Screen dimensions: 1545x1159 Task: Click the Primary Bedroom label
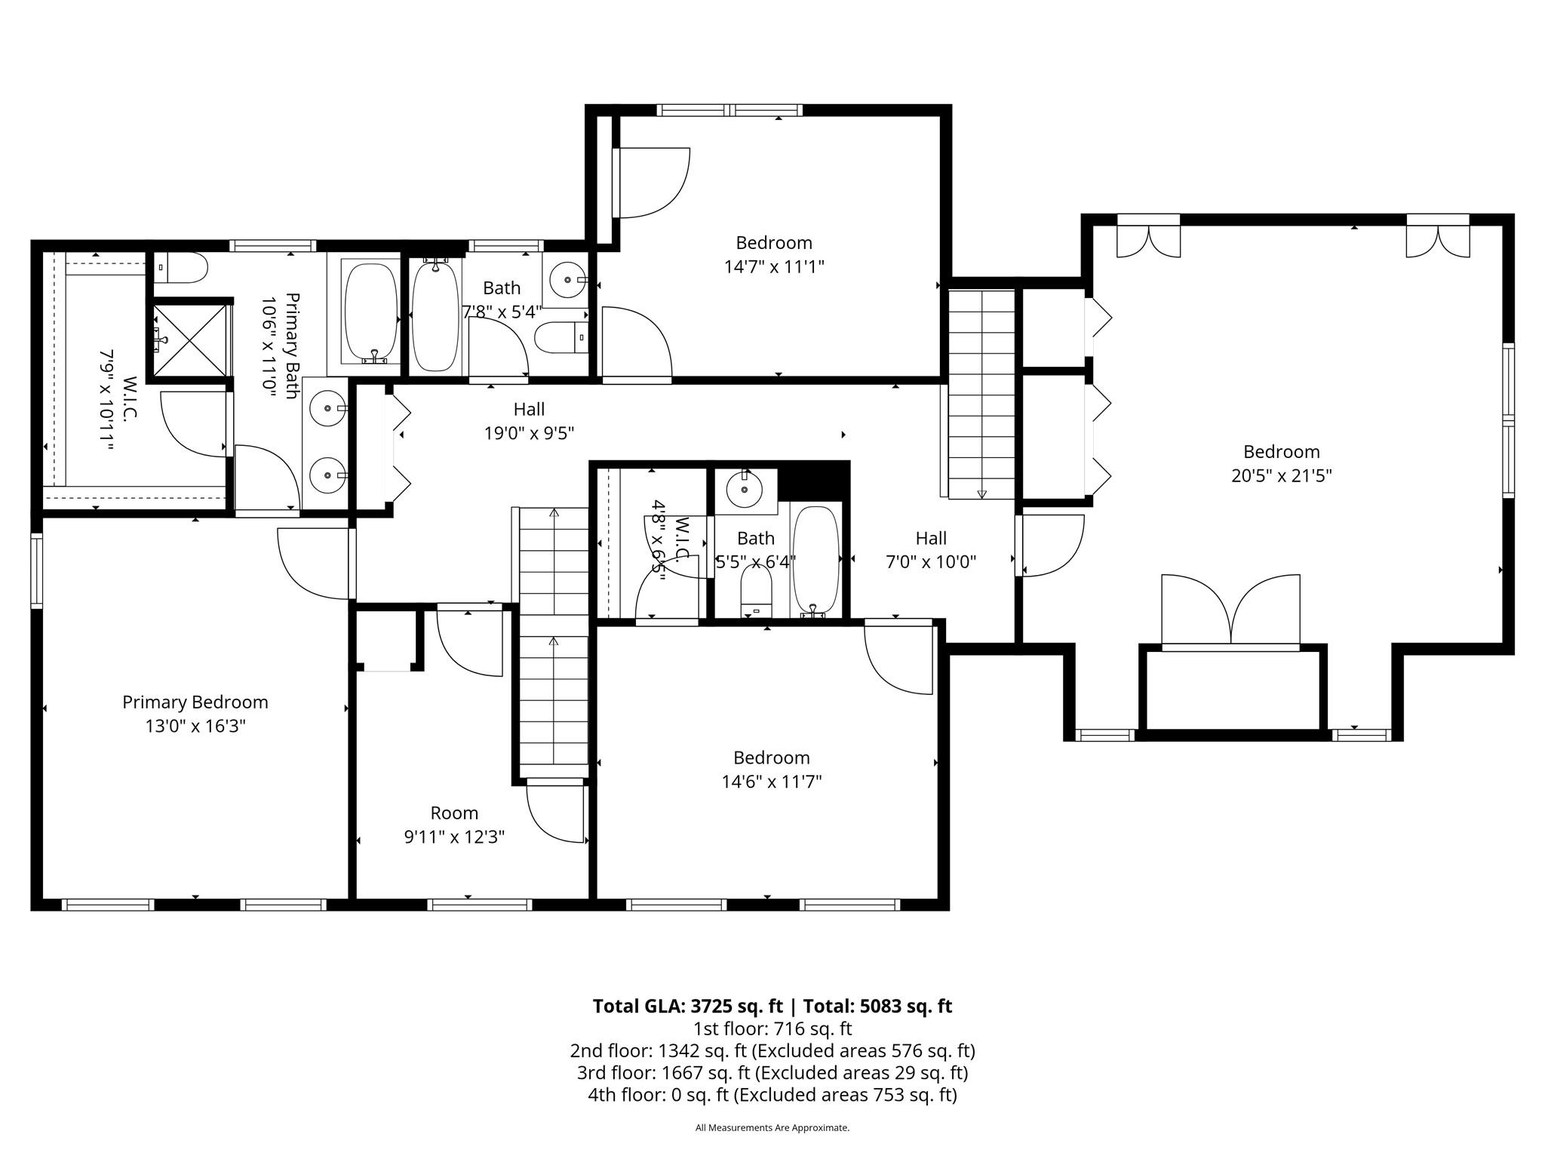(x=195, y=702)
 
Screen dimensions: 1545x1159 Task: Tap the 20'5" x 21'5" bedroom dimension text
(x=1281, y=475)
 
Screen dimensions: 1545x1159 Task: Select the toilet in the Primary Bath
(x=180, y=268)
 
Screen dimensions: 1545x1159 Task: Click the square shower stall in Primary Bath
(x=189, y=340)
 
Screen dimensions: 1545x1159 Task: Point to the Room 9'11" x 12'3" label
(x=454, y=825)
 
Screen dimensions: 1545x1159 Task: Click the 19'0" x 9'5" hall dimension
(x=529, y=433)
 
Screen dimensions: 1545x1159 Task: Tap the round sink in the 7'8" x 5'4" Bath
(x=565, y=281)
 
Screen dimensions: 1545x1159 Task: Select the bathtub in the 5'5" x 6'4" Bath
(x=816, y=560)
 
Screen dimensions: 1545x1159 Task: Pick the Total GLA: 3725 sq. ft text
(x=688, y=1006)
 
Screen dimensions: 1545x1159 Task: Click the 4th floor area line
(x=772, y=1094)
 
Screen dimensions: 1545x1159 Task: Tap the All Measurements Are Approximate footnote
(x=772, y=1128)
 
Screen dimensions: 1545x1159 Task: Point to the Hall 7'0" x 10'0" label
(x=931, y=550)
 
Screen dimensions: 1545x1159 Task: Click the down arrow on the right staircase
(x=981, y=494)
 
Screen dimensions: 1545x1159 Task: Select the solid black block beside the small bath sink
(x=813, y=481)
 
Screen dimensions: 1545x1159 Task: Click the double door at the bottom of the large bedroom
(x=1230, y=611)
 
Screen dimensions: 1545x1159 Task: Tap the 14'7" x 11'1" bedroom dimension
(x=774, y=266)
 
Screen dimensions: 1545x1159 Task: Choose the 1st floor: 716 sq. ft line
(x=772, y=1028)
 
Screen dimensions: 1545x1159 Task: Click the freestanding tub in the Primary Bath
(x=371, y=311)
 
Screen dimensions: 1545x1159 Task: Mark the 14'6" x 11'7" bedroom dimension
(x=772, y=781)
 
